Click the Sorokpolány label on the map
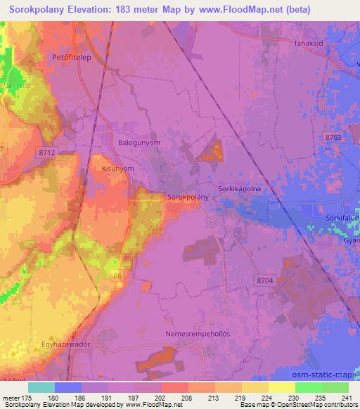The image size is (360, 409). (188, 197)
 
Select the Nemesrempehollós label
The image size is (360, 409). (198, 334)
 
